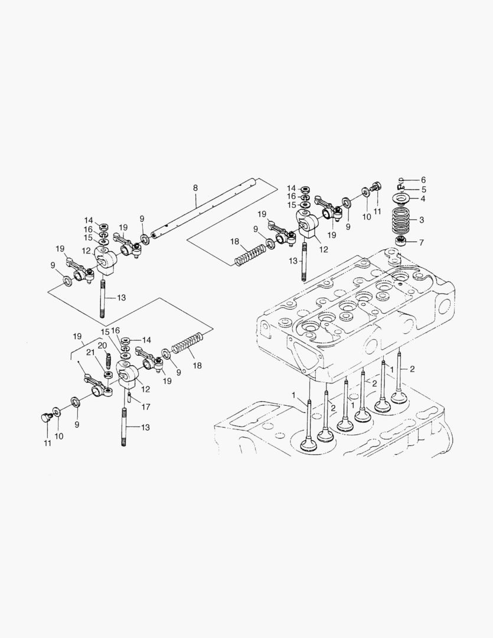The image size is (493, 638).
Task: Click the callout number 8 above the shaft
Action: tap(195, 188)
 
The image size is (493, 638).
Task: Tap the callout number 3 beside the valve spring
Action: tap(422, 220)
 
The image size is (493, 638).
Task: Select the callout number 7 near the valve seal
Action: tap(422, 242)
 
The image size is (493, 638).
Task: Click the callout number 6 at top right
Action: tap(423, 180)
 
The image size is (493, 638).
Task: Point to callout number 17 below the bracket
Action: tap(146, 407)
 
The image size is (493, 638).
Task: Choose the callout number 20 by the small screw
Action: tap(102, 346)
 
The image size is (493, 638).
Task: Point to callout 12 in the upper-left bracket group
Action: tap(86, 251)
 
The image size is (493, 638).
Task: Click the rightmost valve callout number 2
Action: tap(412, 369)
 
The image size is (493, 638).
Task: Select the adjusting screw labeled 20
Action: tap(109, 359)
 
